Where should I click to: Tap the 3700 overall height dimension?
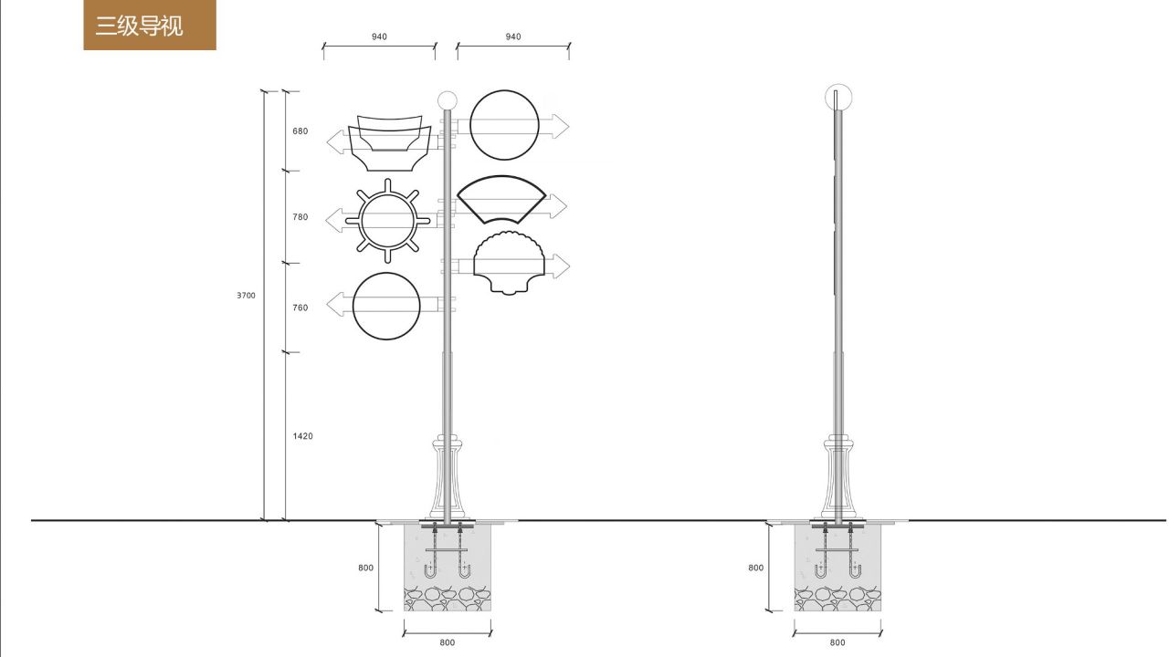point(247,296)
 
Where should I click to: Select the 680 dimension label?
point(300,131)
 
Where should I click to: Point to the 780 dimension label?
point(300,217)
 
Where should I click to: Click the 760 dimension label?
point(300,308)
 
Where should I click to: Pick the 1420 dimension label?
point(302,436)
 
